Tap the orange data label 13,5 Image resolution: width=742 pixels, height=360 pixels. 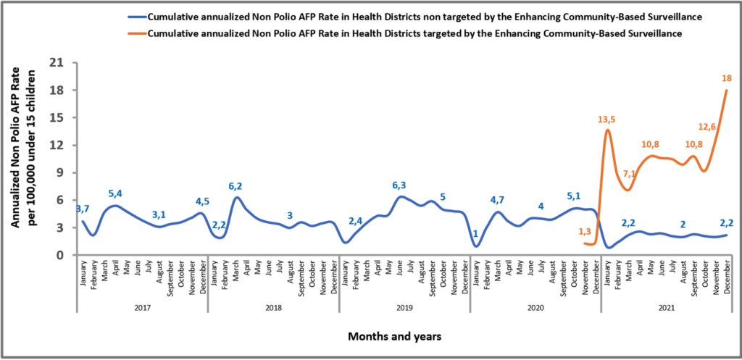[x=607, y=120]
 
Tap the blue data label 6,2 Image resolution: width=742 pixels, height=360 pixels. [x=236, y=186]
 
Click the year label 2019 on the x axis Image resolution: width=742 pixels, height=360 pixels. [x=404, y=308]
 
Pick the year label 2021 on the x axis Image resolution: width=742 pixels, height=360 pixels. [x=665, y=308]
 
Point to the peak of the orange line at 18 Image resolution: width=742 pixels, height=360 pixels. [x=726, y=91]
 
